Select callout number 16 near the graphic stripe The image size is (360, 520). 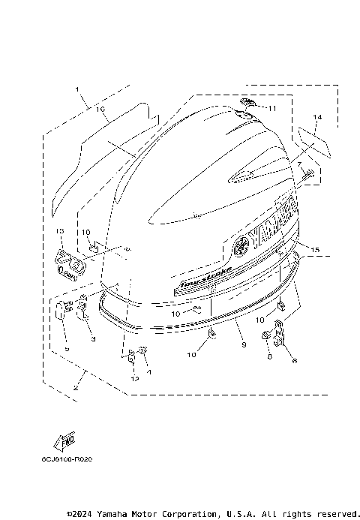[x=100, y=110]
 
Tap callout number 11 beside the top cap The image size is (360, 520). [x=271, y=109]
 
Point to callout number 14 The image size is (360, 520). [x=317, y=118]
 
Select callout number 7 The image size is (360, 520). [x=298, y=164]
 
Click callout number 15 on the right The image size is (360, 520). [x=316, y=248]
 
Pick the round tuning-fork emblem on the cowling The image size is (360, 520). [x=241, y=245]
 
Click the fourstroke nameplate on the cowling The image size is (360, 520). [x=203, y=278]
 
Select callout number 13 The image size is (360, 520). [x=61, y=232]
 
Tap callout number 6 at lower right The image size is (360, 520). [x=294, y=360]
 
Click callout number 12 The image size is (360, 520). [x=135, y=380]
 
